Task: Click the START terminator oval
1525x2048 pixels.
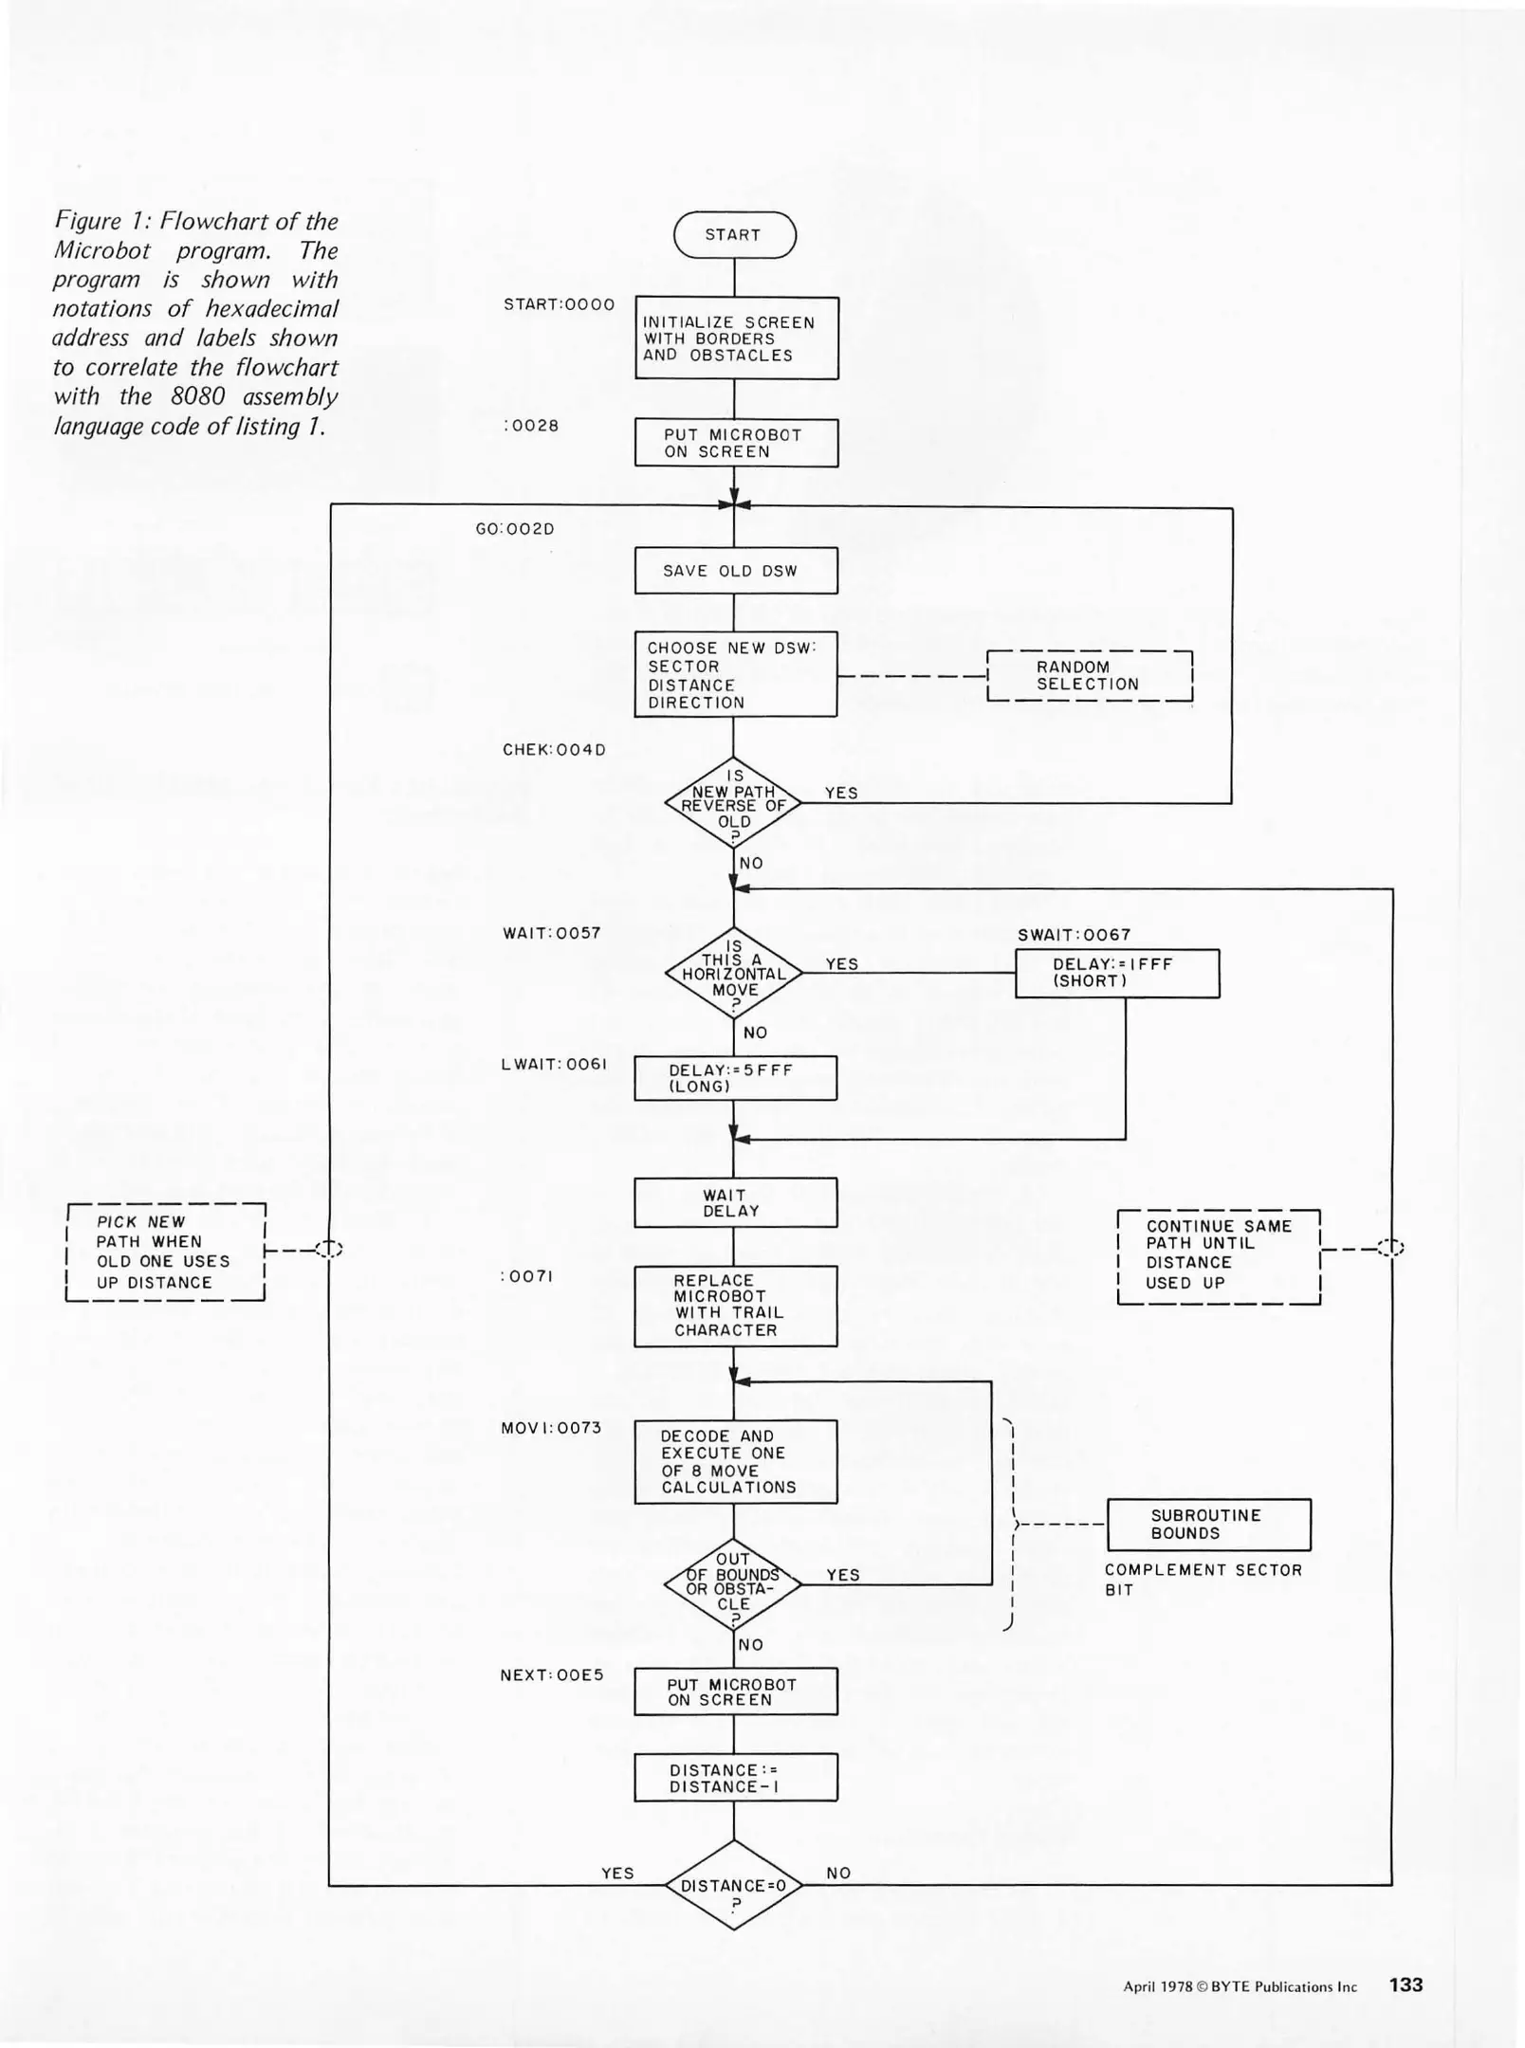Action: pyautogui.click(x=734, y=235)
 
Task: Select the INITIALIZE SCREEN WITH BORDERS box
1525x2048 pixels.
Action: pyautogui.click(x=737, y=338)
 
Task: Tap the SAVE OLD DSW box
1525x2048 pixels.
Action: pyautogui.click(x=736, y=571)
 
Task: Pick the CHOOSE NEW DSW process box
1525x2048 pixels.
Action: pyautogui.click(x=736, y=674)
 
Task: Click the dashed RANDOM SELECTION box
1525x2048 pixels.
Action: pyautogui.click(x=1089, y=676)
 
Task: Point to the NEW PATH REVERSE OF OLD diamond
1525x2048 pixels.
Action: pyautogui.click(x=733, y=803)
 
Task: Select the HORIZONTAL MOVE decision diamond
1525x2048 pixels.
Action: pyautogui.click(x=733, y=974)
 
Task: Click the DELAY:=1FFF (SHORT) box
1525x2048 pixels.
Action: pyautogui.click(x=1117, y=974)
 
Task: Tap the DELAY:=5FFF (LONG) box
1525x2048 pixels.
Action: pyautogui.click(x=736, y=1078)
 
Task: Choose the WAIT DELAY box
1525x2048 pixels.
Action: pyautogui.click(x=736, y=1203)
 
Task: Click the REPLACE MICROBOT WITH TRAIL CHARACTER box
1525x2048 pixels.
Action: pyautogui.click(x=736, y=1306)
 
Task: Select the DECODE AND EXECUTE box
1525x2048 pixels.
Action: pyautogui.click(x=736, y=1461)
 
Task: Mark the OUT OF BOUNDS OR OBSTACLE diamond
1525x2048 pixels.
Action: pyautogui.click(x=733, y=1583)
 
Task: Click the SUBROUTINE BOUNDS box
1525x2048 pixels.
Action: pyautogui.click(x=1208, y=1524)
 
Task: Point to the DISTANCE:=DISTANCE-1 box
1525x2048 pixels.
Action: pyautogui.click(x=736, y=1778)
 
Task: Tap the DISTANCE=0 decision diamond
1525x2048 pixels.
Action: pyautogui.click(x=733, y=1885)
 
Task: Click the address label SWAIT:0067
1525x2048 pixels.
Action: pyautogui.click(x=1074, y=935)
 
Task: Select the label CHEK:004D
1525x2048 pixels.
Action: pyautogui.click(x=554, y=750)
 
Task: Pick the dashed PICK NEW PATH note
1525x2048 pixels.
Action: pyautogui.click(x=165, y=1252)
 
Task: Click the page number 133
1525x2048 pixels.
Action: pyautogui.click(x=1406, y=1984)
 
